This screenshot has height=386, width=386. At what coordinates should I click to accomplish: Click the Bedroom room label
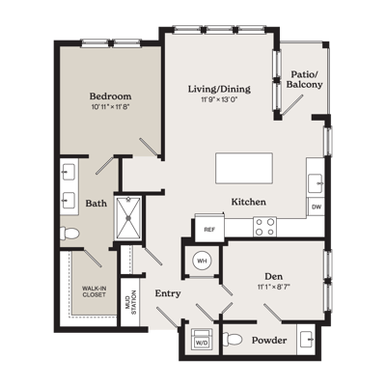click(110, 96)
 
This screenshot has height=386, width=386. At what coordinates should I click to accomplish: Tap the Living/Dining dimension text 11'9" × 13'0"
click(219, 99)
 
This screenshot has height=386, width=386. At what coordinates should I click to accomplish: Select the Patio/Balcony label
click(304, 79)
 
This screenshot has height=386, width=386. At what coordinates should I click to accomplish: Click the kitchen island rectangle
click(244, 168)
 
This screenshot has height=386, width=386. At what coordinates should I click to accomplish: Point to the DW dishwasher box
click(317, 207)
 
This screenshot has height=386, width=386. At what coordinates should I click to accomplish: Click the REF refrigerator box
click(209, 230)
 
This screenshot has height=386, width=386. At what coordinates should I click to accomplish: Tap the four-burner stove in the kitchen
click(264, 227)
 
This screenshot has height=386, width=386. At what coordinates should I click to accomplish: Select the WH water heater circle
click(202, 261)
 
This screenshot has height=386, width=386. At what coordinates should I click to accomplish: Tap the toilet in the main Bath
click(69, 234)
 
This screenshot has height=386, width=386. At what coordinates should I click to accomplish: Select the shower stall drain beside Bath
click(128, 218)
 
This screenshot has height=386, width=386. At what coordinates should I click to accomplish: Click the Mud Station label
click(131, 302)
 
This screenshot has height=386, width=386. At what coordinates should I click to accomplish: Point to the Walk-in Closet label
click(94, 291)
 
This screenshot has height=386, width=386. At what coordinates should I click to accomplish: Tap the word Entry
click(168, 293)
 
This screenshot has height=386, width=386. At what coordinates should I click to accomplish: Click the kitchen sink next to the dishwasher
click(315, 183)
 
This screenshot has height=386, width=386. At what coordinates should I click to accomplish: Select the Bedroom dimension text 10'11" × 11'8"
click(110, 107)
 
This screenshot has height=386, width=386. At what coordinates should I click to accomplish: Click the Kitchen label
click(249, 202)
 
